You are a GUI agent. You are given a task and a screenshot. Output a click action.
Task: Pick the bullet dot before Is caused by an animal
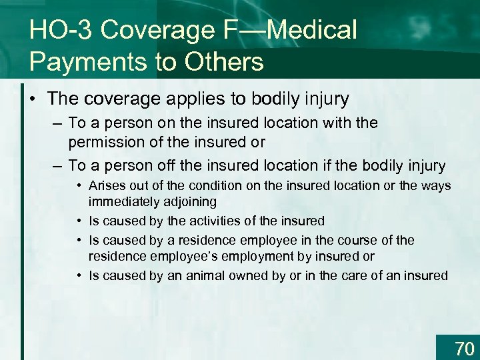click(x=79, y=275)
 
